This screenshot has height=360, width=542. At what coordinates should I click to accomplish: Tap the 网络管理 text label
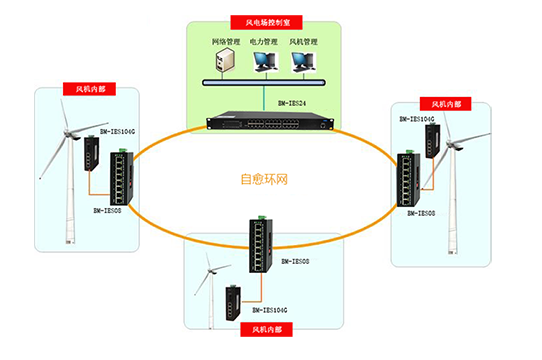(226, 42)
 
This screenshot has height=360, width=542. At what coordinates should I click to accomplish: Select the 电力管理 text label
(265, 42)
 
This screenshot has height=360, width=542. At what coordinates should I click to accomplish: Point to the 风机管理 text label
(304, 42)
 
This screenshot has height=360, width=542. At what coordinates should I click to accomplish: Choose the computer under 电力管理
(264, 63)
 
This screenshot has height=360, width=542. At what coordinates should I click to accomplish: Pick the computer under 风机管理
(303, 63)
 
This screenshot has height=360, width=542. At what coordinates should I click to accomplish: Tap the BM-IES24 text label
(289, 101)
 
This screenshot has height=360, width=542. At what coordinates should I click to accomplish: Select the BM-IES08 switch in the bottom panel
(259, 244)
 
